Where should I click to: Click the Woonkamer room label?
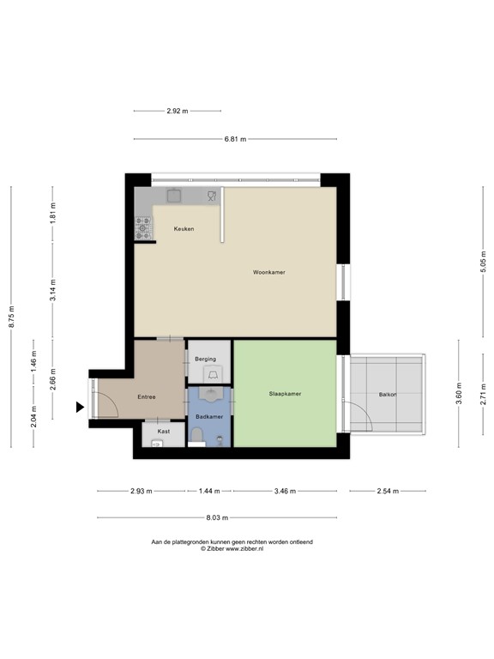(268, 272)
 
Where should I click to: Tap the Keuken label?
(184, 229)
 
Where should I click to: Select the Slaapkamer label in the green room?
(284, 394)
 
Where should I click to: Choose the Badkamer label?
(208, 416)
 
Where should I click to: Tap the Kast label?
(163, 431)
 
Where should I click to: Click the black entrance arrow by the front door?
(80, 407)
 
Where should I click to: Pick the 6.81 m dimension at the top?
(234, 139)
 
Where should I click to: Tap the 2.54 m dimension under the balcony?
(387, 492)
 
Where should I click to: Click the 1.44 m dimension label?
(209, 492)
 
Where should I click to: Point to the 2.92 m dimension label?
(178, 111)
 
